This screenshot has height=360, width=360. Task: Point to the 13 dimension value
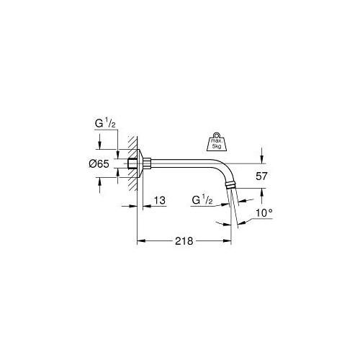pyautogui.click(x=160, y=201)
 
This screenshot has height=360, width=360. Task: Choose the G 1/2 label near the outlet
pyautogui.click(x=202, y=199)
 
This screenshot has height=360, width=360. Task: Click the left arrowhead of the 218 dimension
pyautogui.click(x=140, y=241)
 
